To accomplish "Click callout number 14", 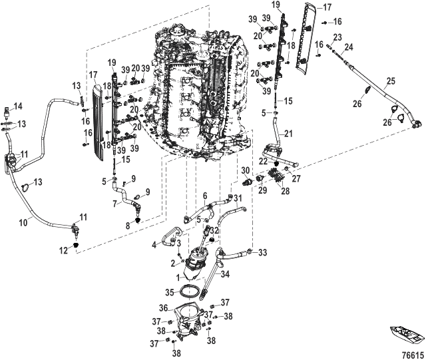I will click(18, 106).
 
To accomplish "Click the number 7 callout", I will click(115, 204).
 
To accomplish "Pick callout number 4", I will click(154, 245).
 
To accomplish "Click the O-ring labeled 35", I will click(192, 291).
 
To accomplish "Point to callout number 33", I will click(263, 252).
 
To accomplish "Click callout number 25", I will click(391, 81).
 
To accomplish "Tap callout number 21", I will click(289, 134).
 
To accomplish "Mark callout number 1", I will click(178, 275).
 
